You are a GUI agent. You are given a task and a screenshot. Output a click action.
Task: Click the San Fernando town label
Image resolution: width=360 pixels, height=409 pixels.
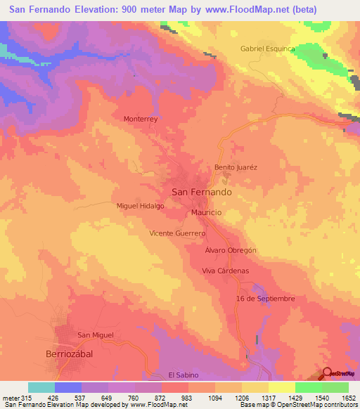point(202,192)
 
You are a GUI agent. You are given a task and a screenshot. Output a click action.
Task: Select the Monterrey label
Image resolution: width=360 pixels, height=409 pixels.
point(143,119)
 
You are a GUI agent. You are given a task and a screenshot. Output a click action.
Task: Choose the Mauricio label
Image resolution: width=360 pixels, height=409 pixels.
point(207,212)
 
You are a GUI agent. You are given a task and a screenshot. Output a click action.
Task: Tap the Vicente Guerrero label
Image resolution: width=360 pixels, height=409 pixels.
point(177,233)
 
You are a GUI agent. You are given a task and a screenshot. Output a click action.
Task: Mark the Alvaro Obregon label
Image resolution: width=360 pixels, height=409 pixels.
point(231,250)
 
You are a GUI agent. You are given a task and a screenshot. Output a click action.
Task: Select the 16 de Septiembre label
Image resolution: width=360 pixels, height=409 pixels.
point(265,299)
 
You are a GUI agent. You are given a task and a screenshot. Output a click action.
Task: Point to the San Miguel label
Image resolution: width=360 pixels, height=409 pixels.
point(96,335)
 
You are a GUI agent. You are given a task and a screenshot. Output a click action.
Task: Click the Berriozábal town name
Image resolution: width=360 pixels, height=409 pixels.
point(69,354)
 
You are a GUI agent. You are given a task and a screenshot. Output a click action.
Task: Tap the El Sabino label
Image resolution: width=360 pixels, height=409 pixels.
point(184,375)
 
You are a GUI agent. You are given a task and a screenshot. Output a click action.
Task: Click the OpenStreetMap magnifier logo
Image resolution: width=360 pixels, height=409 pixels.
point(328,372)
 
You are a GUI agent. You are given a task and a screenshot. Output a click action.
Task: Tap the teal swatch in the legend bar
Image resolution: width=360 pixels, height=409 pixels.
point(41,387)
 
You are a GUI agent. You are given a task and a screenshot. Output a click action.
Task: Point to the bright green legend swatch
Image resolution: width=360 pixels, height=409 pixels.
point(309,387)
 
